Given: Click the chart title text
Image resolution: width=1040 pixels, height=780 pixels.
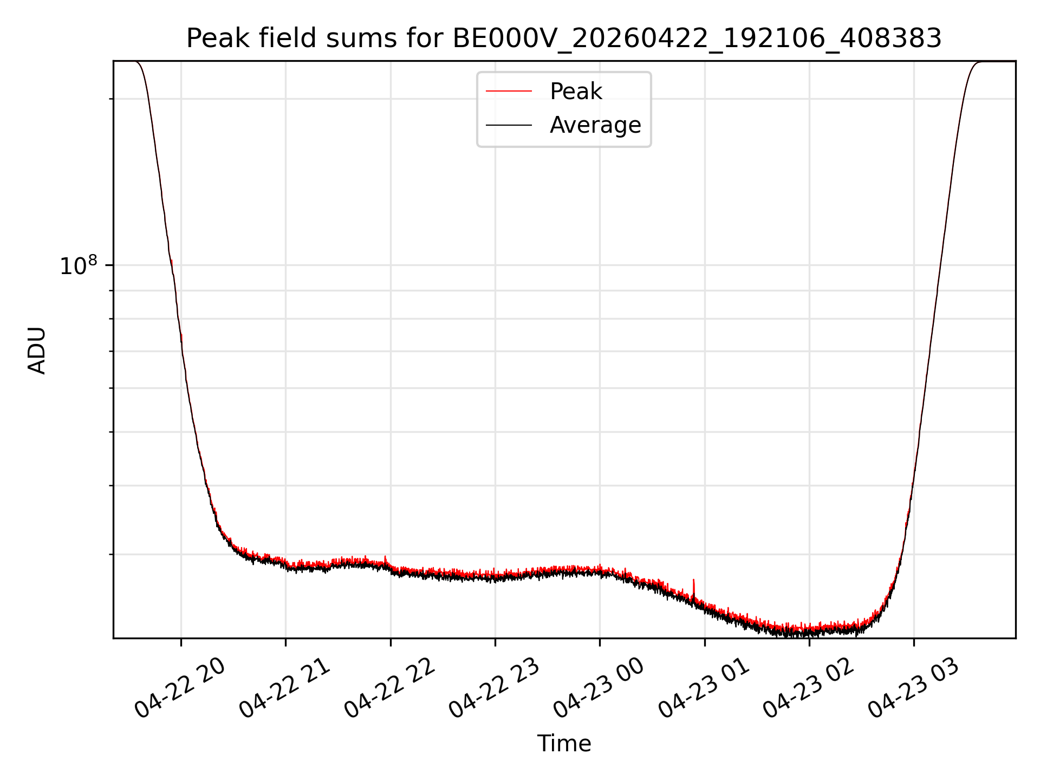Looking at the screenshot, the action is (x=564, y=38).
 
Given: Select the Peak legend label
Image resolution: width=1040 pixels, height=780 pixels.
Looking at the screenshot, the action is (x=576, y=92).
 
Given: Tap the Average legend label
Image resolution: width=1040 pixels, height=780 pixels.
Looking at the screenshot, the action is (x=595, y=125).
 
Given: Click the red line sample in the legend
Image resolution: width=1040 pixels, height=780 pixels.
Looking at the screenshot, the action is (x=509, y=92).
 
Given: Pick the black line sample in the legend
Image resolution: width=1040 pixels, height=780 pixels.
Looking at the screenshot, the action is (x=509, y=125).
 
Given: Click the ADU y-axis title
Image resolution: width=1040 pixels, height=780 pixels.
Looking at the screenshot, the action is (x=37, y=350).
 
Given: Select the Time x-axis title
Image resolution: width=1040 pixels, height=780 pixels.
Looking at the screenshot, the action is (x=564, y=744).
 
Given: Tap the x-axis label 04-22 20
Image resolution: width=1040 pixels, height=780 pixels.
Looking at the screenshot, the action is (x=180, y=688).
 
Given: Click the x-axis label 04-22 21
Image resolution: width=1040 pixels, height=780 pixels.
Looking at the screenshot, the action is (x=284, y=688).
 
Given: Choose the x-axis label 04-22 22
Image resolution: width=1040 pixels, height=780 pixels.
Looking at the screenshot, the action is (x=389, y=688).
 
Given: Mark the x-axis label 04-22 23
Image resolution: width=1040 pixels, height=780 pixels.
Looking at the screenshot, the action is (x=494, y=688).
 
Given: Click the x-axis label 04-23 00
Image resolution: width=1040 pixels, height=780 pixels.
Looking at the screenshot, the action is (x=599, y=688).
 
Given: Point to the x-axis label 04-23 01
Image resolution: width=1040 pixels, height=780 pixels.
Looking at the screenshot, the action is (x=704, y=688).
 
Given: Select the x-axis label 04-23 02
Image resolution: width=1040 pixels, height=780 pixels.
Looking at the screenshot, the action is (x=808, y=688).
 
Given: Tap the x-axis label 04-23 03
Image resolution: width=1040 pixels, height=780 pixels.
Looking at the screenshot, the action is (x=913, y=688).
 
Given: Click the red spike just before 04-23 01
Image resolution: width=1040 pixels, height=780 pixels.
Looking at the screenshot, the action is (x=693, y=588).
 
